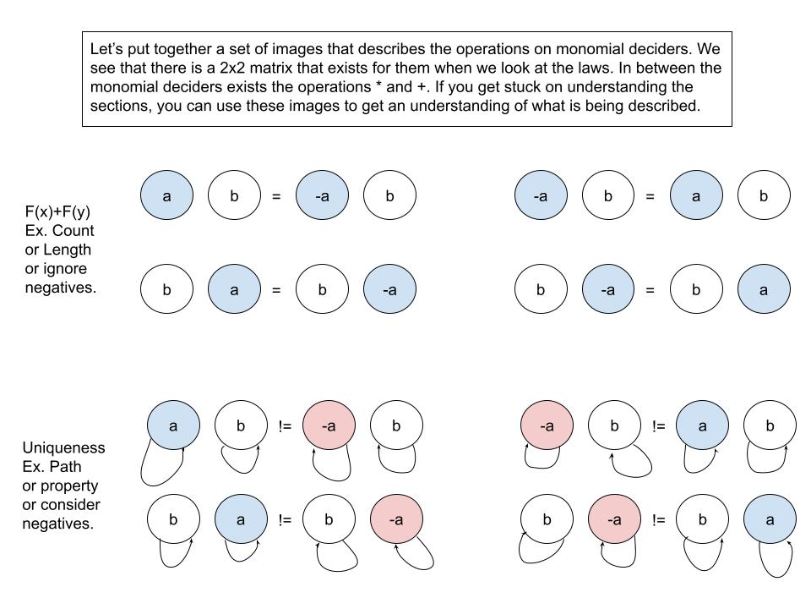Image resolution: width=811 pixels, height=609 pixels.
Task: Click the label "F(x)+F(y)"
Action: (57, 212)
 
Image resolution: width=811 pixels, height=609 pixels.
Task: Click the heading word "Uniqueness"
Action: (64, 447)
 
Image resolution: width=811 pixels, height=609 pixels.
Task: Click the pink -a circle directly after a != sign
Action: (329, 426)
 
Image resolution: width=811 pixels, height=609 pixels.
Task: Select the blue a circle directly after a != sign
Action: (702, 426)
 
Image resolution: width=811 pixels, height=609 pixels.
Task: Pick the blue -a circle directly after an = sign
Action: (322, 196)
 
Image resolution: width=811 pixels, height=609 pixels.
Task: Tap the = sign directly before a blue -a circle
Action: (275, 197)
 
